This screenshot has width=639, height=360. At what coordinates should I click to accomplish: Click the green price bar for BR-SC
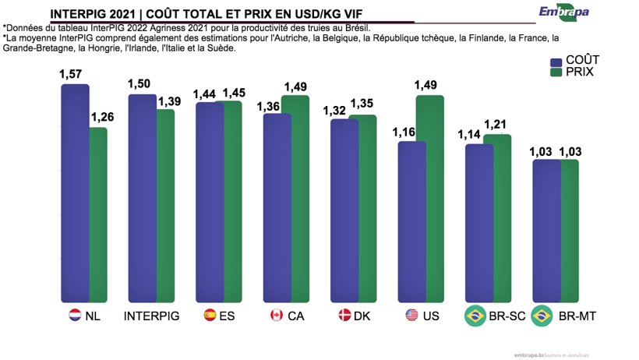(497, 218)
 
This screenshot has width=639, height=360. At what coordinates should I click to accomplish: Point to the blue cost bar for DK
(344, 210)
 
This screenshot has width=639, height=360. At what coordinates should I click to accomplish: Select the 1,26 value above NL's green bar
(102, 118)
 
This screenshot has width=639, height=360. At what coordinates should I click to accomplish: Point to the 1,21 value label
(496, 125)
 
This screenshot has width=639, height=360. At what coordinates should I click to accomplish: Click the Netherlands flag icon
(75, 316)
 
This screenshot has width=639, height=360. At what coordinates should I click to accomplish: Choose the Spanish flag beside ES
(210, 316)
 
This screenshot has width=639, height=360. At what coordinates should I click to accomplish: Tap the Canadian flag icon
(275, 316)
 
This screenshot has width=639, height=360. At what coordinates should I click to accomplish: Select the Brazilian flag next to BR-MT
(542, 316)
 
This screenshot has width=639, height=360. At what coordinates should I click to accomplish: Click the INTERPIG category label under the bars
(152, 316)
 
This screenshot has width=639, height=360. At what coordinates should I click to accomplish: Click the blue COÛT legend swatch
(556, 62)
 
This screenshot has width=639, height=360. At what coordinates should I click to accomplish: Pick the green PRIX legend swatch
(556, 73)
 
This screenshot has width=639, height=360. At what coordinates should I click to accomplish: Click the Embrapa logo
(564, 12)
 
